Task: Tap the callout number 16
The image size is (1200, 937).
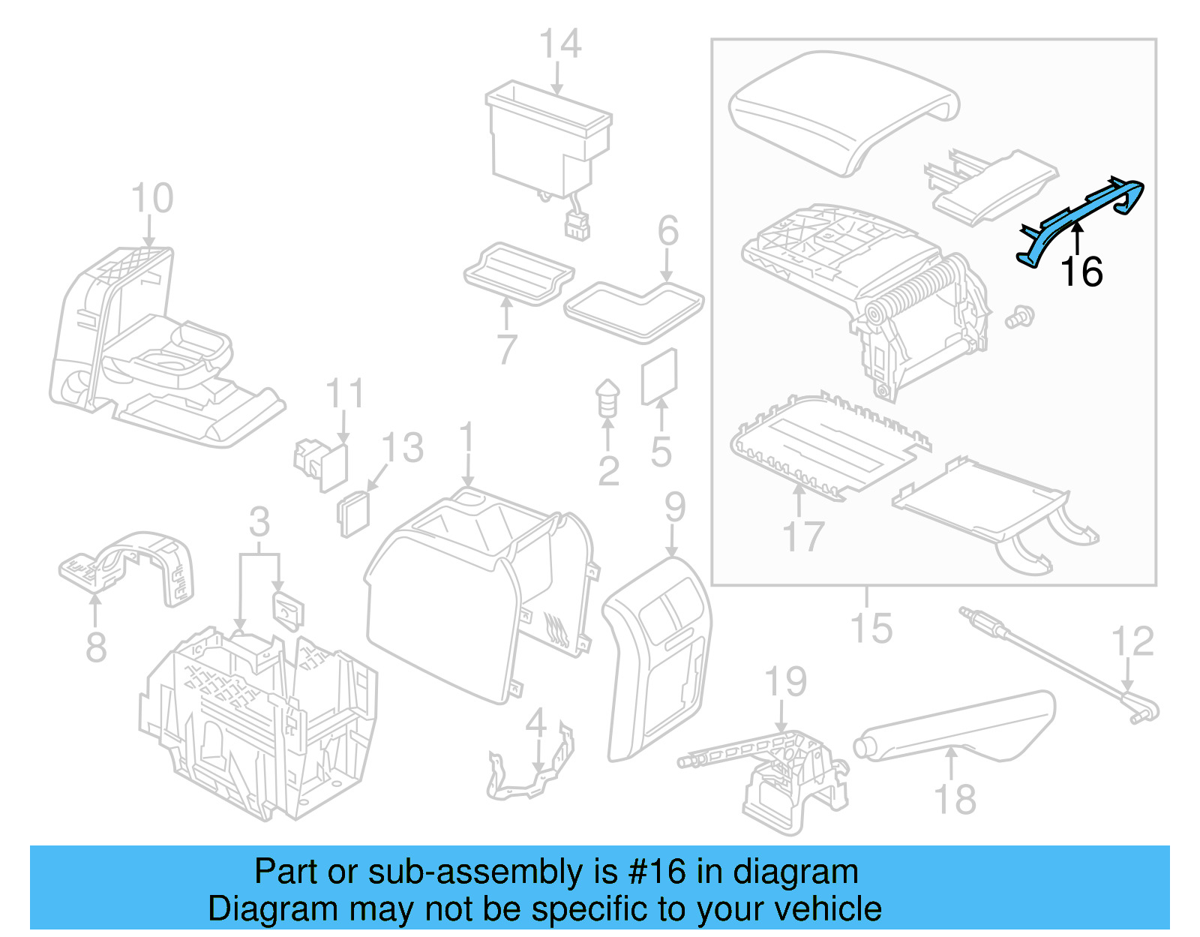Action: (1081, 272)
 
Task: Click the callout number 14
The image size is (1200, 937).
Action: (560, 44)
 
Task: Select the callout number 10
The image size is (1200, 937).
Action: (151, 199)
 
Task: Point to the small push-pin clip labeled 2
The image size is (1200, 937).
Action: (607, 398)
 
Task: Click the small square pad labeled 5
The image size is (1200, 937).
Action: (659, 376)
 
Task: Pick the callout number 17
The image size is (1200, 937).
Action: (802, 537)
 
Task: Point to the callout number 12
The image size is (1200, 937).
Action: (1132, 642)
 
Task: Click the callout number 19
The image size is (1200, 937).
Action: (785, 682)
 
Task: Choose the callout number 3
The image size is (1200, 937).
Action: (259, 522)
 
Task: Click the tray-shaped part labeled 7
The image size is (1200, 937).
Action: (517, 274)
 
